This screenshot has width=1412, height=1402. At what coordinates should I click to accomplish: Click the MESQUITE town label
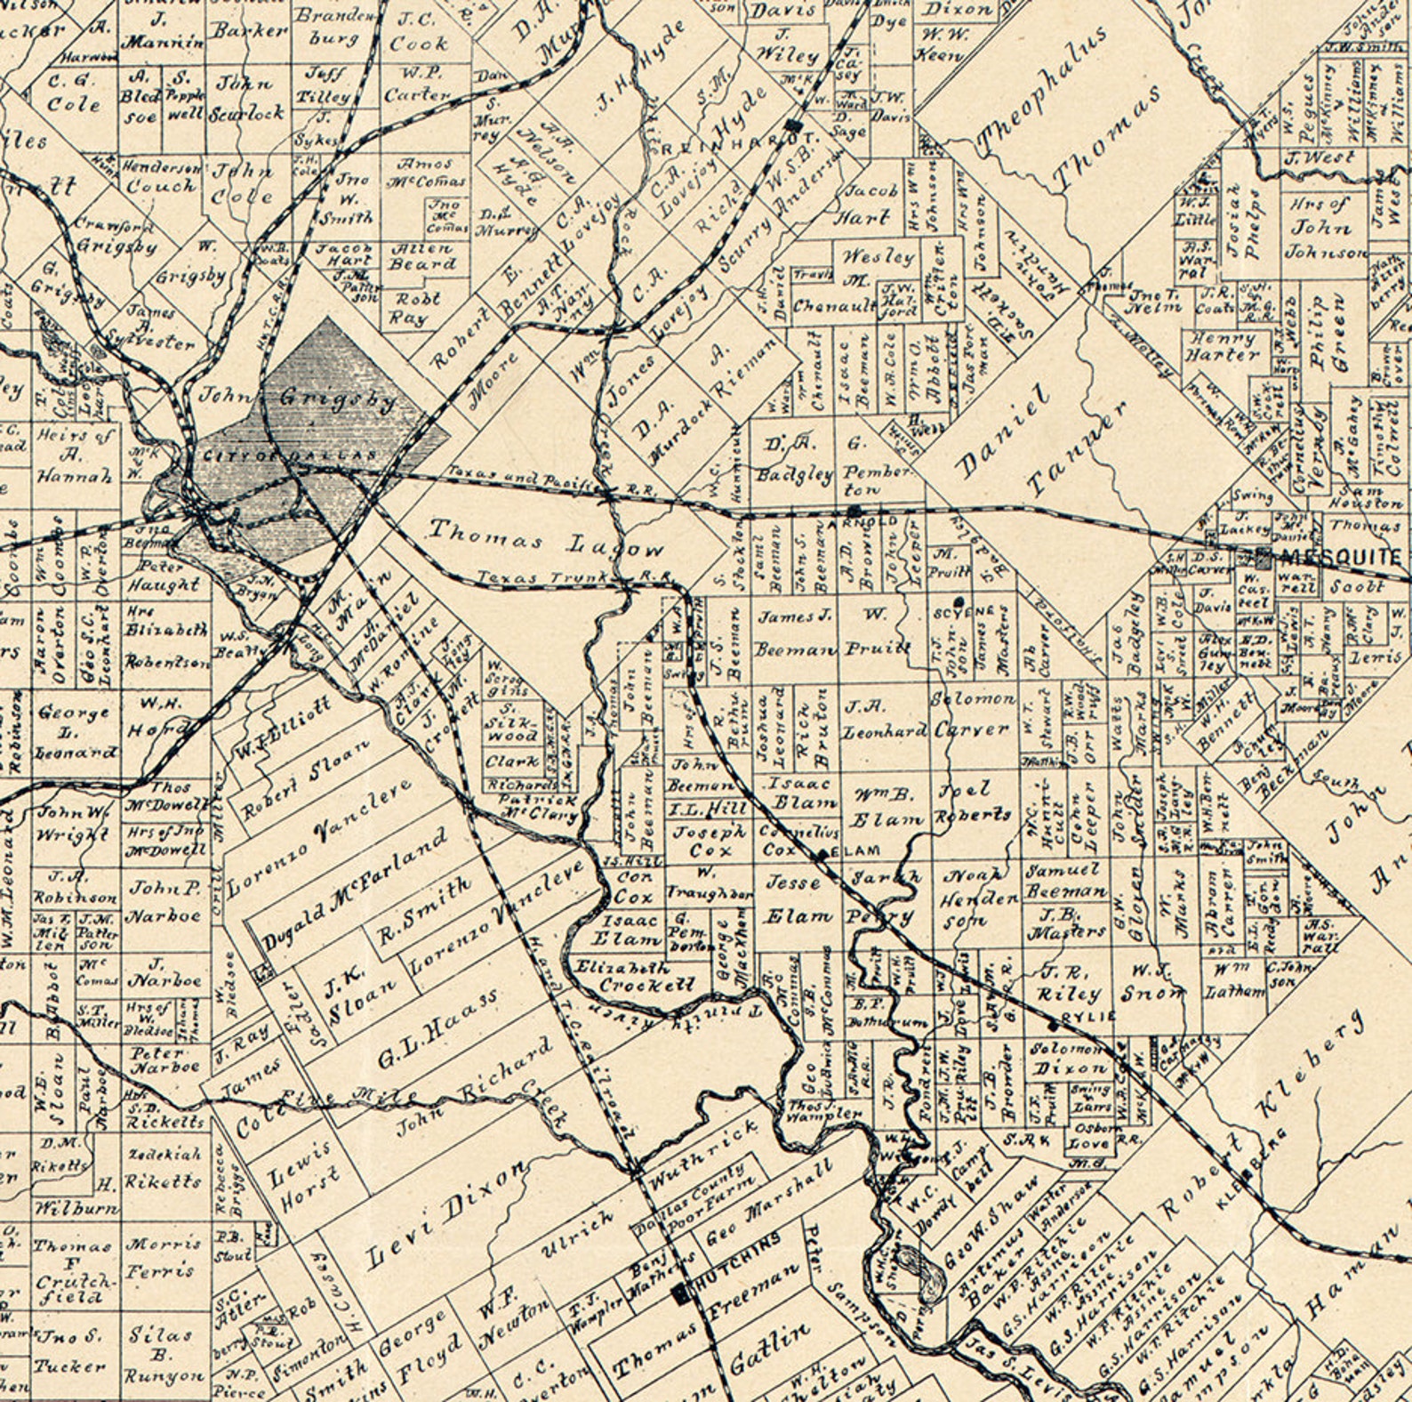coord(1341,559)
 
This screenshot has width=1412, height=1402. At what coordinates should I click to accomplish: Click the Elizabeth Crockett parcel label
coord(634,976)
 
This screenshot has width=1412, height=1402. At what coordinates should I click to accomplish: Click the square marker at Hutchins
coord(682,1293)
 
